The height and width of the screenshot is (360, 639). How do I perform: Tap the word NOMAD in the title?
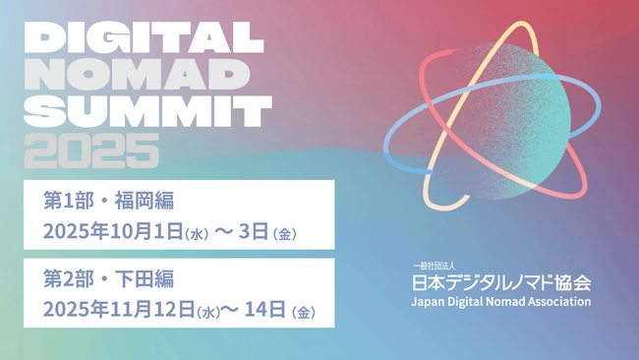coord(132,75)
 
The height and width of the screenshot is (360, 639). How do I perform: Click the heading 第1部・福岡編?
coord(109,201)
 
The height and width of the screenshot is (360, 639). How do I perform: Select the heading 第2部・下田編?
coord(109,278)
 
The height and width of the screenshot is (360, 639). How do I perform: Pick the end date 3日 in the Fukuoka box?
coord(256,232)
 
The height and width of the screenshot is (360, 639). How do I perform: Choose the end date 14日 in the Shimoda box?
coord(266,311)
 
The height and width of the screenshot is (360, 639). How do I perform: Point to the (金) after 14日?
coord(304,313)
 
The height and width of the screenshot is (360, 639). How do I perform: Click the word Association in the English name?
coord(558,301)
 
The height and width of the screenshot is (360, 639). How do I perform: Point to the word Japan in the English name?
coord(429,301)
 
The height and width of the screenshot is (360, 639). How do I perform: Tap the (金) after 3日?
coord(286,234)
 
